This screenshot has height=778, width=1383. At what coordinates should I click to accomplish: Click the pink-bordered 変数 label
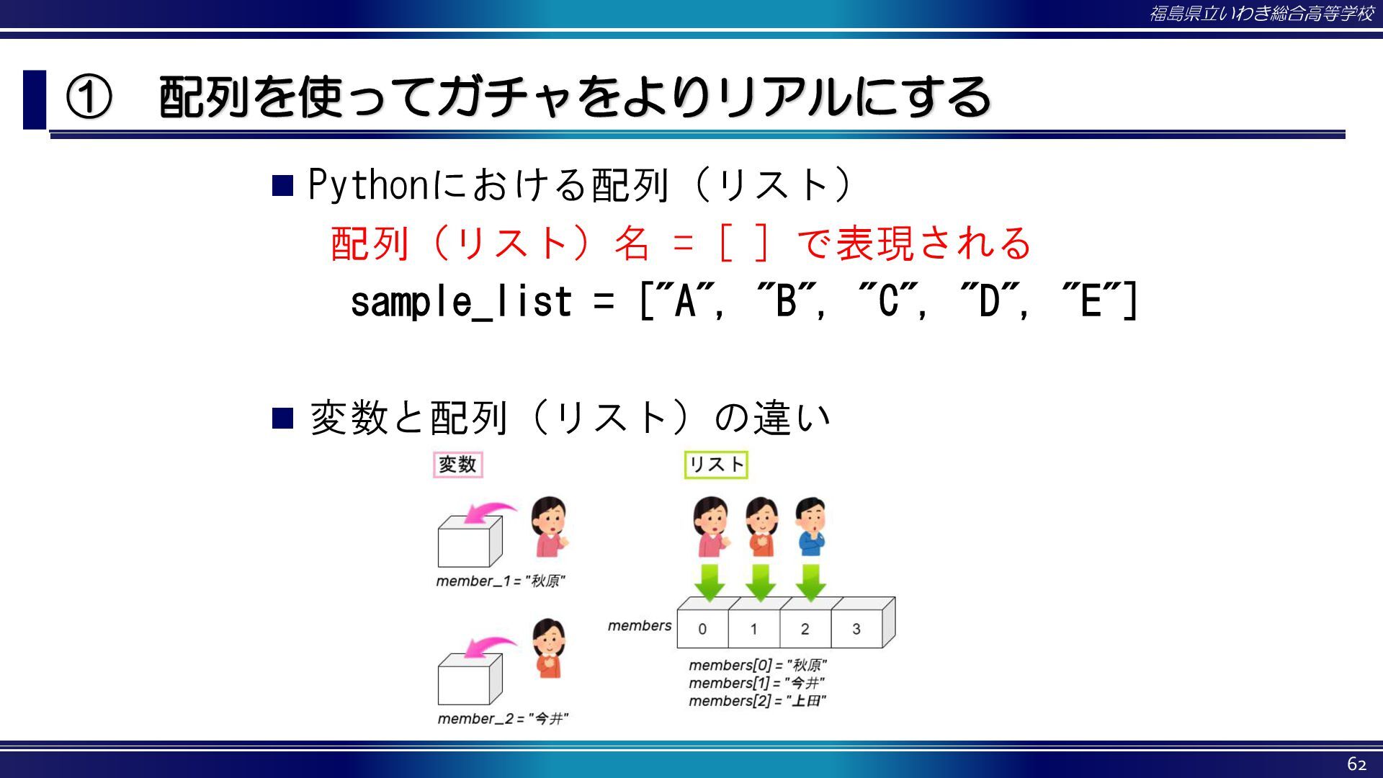[x=458, y=465]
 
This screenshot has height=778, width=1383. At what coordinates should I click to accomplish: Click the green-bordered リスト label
[x=716, y=465]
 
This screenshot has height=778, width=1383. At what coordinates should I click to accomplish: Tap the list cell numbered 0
[x=702, y=629]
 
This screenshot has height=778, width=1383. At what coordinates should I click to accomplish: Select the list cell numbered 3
[x=856, y=629]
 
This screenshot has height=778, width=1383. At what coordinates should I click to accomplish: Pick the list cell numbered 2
[x=805, y=629]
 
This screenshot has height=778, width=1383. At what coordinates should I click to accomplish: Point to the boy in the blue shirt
[x=811, y=527]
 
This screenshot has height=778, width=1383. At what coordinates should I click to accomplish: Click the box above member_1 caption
[x=470, y=542]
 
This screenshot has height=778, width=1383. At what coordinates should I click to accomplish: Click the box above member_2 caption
[x=470, y=679]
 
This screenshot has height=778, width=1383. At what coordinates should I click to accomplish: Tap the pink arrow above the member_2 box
[x=488, y=647]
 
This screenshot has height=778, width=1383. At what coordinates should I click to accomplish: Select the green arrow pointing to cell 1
[x=761, y=582]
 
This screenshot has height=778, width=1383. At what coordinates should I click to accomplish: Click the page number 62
[x=1357, y=764]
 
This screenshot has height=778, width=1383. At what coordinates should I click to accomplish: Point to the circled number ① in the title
[x=89, y=97]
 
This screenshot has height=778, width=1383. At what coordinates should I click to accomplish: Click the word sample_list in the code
[x=461, y=301]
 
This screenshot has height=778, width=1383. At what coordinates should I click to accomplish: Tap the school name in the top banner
[x=1261, y=14]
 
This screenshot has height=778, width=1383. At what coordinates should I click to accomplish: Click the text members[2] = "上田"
[x=757, y=701]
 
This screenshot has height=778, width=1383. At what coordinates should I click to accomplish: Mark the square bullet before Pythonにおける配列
[x=282, y=186]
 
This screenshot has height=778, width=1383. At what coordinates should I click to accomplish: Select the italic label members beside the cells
[x=640, y=625]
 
